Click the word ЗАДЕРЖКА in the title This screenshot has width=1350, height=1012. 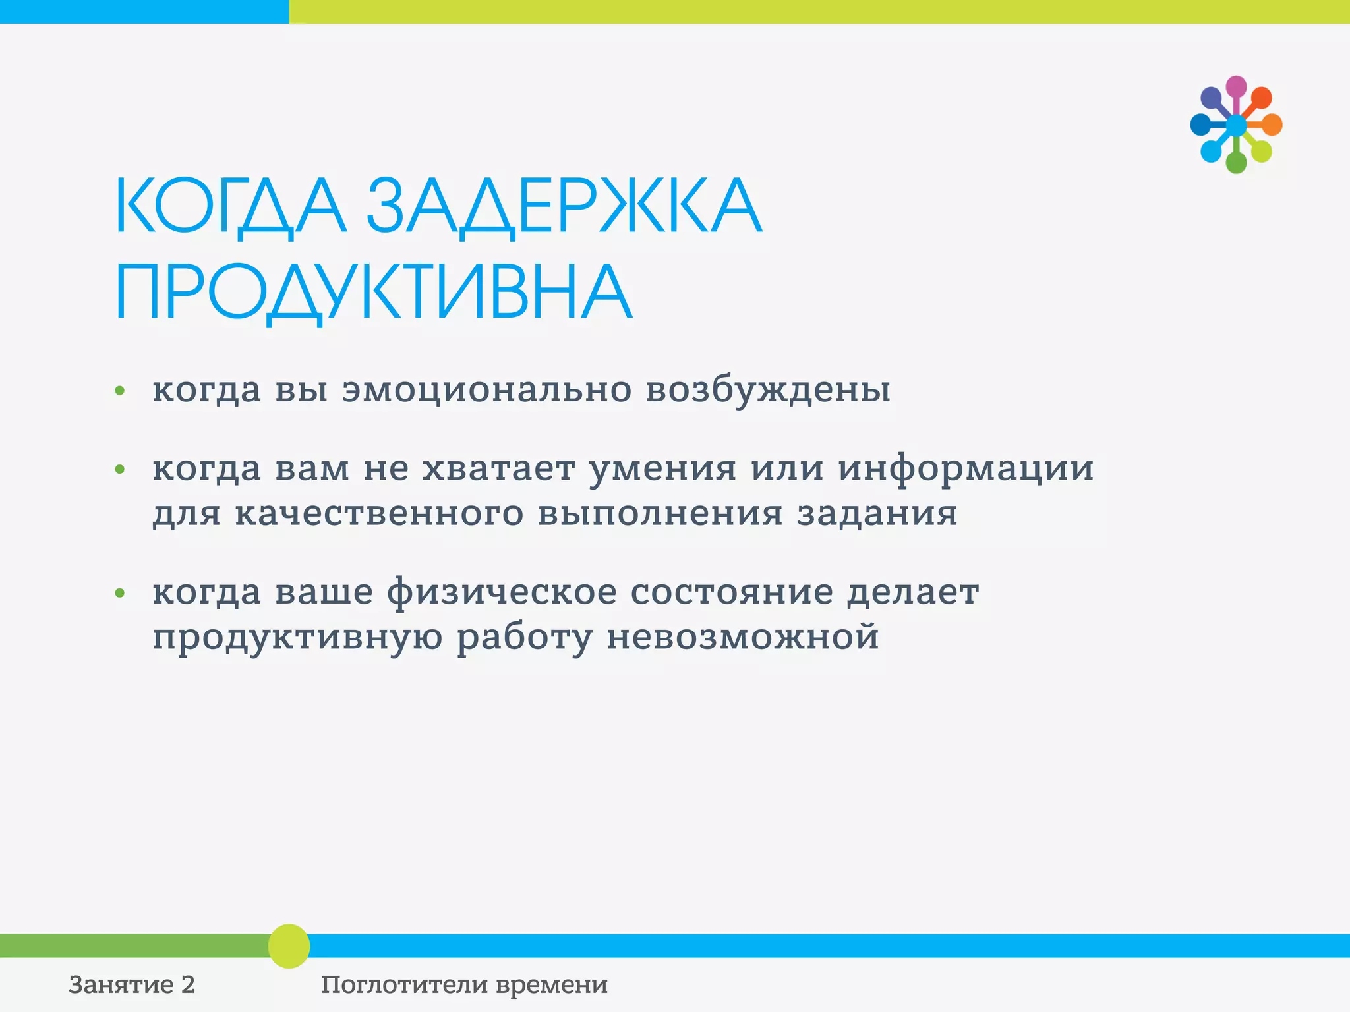coord(564,206)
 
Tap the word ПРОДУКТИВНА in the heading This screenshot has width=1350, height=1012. coord(374,292)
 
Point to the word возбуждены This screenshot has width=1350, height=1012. coord(768,389)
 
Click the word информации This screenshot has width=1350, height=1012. coord(966,469)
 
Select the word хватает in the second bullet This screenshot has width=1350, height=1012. coord(498,468)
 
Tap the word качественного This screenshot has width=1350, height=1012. coord(379,513)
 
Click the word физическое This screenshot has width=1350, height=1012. coord(502,592)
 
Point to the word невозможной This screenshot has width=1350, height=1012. coord(743,637)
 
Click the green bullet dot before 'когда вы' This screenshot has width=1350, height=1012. coord(119,391)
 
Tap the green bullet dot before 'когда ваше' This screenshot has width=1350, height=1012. coord(119,593)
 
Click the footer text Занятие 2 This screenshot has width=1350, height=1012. coord(132,984)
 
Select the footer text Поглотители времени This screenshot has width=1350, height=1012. coord(464,984)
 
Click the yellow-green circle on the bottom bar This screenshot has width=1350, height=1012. coord(289,945)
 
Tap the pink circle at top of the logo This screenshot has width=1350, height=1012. coord(1236,86)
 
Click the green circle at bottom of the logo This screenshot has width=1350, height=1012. coord(1236,163)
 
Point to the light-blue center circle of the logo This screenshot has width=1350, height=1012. coord(1236,125)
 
